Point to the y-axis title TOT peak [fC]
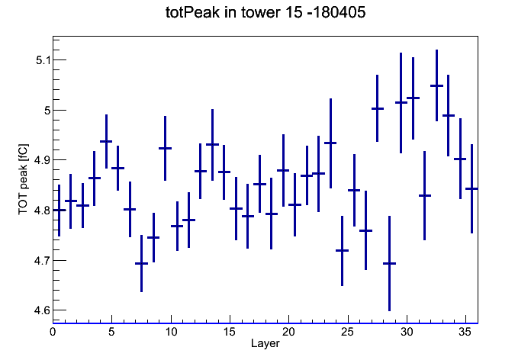pyautogui.click(x=24, y=179)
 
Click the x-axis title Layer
pyautogui.click(x=265, y=343)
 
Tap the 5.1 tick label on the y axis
pyautogui.click(x=43, y=60)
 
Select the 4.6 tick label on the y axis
pyautogui.click(x=42, y=310)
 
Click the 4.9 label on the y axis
pyautogui.click(x=42, y=160)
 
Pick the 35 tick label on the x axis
pyautogui.click(x=465, y=333)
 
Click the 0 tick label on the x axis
pyautogui.click(x=53, y=333)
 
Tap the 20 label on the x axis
pyautogui.click(x=288, y=333)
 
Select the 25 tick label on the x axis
pyautogui.click(x=347, y=333)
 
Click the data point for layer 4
pyautogui.click(x=106, y=142)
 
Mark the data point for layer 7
pyautogui.click(x=142, y=263)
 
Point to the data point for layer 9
pyautogui.click(x=166, y=148)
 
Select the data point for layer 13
pyautogui.click(x=212, y=145)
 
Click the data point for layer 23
pyautogui.click(x=330, y=143)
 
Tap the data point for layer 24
pyautogui.click(x=342, y=251)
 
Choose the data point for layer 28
pyautogui.click(x=389, y=263)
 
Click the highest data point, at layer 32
pyautogui.click(x=436, y=85)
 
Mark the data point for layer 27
pyautogui.click(x=378, y=109)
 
